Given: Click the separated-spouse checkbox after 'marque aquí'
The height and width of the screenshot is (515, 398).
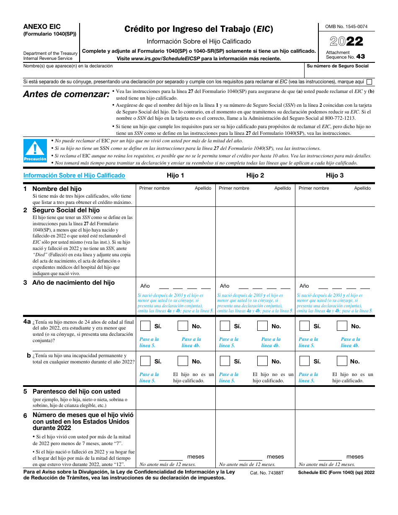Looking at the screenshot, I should pyautogui.click(x=369, y=82).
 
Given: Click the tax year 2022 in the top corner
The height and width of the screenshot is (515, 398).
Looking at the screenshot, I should pyautogui.click(x=346, y=41).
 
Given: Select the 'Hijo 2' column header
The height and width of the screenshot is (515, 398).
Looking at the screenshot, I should pyautogui.click(x=255, y=175).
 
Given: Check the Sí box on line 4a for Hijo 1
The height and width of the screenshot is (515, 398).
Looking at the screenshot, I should pyautogui.click(x=145, y=326).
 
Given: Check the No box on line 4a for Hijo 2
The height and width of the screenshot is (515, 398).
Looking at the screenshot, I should pyautogui.click(x=262, y=326).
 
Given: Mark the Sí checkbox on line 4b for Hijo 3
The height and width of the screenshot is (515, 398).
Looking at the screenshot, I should pyautogui.click(x=304, y=361).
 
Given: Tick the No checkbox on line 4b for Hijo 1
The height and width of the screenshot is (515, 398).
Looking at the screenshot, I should pyautogui.click(x=183, y=361).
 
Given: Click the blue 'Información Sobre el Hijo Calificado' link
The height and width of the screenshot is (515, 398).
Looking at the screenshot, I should pyautogui.click(x=74, y=175).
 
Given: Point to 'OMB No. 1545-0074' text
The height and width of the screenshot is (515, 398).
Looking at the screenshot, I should pyautogui.click(x=346, y=27).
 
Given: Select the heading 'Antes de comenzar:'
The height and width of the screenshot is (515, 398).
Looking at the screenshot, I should pyautogui.click(x=66, y=94).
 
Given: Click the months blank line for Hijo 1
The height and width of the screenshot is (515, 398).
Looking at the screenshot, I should pyautogui.click(x=171, y=457).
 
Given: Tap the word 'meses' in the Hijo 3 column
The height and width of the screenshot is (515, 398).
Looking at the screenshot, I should pyautogui.click(x=355, y=457).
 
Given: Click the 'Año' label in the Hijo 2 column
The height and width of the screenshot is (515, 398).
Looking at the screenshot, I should pyautogui.click(x=225, y=286).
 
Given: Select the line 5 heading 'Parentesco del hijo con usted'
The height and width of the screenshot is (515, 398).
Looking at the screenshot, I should pyautogui.click(x=76, y=391).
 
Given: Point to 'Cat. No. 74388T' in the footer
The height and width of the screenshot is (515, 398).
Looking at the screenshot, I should pyautogui.click(x=267, y=472).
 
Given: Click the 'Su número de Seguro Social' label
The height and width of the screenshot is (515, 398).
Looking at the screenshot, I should pyautogui.click(x=338, y=66).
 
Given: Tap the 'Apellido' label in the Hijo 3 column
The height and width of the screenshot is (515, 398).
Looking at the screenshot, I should pyautogui.click(x=362, y=188).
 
